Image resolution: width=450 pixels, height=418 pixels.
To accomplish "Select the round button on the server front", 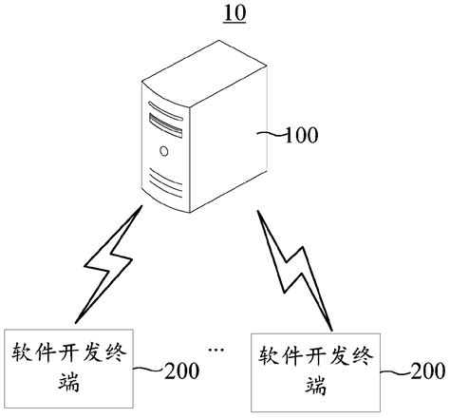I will click(x=164, y=150).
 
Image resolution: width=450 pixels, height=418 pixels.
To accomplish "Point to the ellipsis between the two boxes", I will click(x=216, y=351).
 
